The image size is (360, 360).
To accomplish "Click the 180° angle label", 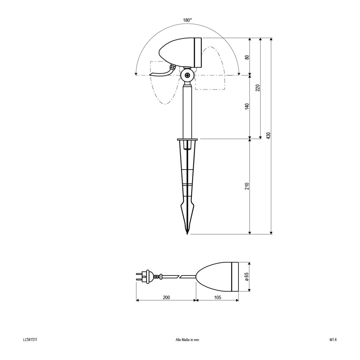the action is pyautogui.click(x=187, y=20).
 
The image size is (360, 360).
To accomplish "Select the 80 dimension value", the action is pyautogui.click(x=247, y=57).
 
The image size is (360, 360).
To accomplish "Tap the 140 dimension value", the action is pyautogui.click(x=247, y=106).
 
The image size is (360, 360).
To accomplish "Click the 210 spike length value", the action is pyautogui.click(x=247, y=186).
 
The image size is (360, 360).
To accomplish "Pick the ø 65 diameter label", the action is pyautogui.click(x=247, y=277).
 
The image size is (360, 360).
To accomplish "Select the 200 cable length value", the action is pyautogui.click(x=166, y=297).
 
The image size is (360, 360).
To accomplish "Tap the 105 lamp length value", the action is pyautogui.click(x=217, y=297).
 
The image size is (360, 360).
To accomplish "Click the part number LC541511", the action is pyautogui.click(x=30, y=340).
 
